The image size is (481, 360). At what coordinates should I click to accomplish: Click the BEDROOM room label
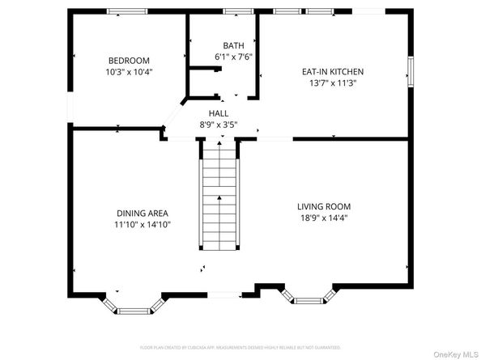click(130, 61)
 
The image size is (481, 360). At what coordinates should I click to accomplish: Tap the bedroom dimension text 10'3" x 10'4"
click(130, 72)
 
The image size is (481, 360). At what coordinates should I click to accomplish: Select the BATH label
click(234, 45)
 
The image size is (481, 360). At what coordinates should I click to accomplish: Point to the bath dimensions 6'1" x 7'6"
click(234, 57)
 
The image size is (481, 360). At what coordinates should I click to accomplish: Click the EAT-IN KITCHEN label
click(334, 71)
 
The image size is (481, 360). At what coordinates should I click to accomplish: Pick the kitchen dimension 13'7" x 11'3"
click(334, 83)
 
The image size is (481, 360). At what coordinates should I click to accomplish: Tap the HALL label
click(219, 114)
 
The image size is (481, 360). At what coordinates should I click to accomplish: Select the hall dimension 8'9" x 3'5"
click(219, 125)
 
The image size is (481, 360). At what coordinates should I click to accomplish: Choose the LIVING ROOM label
click(323, 206)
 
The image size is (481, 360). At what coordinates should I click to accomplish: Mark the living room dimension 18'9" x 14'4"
click(323, 218)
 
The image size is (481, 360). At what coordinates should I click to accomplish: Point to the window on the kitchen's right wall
click(411, 71)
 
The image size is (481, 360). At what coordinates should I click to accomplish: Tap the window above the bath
click(236, 11)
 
